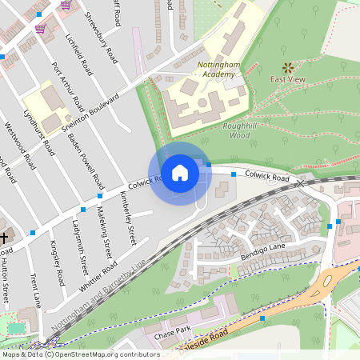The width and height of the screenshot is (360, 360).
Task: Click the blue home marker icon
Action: coord(180,172)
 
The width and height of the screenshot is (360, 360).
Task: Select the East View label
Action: coord(287,80)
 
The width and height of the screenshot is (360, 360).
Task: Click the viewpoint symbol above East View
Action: coord(287,69)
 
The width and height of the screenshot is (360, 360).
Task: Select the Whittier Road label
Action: coord(98,276)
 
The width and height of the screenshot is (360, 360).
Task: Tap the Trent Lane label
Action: coord(35,290)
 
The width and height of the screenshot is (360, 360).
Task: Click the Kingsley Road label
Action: coord(57,265)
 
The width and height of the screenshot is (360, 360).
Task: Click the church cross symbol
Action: coord(4,238)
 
